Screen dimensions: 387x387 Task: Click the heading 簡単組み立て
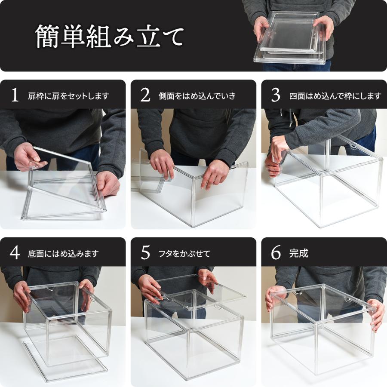coord(110,36)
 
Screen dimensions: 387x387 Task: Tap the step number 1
coord(15,95)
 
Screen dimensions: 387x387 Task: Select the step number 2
coord(145,95)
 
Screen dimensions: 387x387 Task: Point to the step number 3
coord(276,95)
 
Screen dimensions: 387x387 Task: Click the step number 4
coord(15,253)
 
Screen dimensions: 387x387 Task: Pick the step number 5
coord(145,253)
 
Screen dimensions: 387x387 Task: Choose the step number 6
coord(276,253)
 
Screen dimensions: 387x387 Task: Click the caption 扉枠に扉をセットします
coord(69,96)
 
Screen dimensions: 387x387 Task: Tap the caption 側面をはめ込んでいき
coord(197,96)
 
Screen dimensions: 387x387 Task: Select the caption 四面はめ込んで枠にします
coord(335,96)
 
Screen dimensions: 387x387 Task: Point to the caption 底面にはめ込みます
coord(63,253)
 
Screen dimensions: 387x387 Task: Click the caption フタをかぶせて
coord(184,253)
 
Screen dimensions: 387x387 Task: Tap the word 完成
coord(299,253)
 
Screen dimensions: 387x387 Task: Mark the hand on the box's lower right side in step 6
coord(377,315)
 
